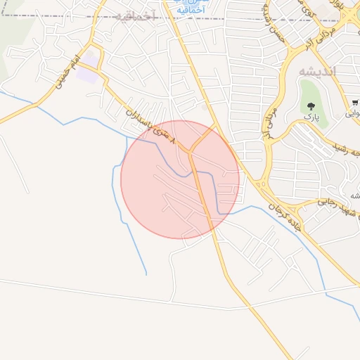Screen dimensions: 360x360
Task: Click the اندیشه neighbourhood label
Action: point(318,72)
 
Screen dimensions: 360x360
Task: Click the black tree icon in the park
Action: point(310,107)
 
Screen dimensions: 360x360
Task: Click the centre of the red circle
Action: point(180,179)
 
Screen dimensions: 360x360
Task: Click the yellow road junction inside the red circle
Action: point(191,150)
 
